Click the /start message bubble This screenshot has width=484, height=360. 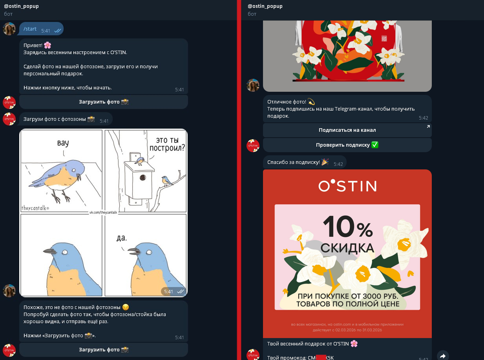coord(40,29)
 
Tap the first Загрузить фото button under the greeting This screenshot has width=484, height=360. coord(104,102)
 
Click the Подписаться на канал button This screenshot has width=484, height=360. coord(347,130)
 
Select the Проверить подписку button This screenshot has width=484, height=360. coord(347,145)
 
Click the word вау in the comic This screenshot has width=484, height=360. coord(63,143)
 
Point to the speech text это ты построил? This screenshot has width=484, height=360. coord(167,144)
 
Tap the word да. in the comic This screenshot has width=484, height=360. coord(121,238)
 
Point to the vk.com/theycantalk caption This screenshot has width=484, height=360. coord(103,212)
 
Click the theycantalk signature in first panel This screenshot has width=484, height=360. coord(35,208)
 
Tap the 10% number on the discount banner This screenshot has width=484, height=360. coord(347,227)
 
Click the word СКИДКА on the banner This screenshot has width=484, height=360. coord(347,248)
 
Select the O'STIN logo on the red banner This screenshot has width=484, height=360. coord(347,185)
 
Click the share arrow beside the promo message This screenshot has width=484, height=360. coord(443,355)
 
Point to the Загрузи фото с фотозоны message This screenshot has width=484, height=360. coord(59,119)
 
